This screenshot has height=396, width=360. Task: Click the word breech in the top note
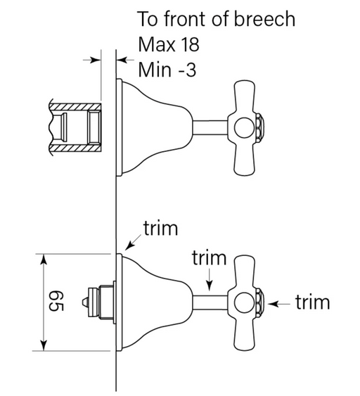pyautogui.click(x=264, y=19)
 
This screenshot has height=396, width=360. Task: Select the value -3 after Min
pyautogui.click(x=187, y=70)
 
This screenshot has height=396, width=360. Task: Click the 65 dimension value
pyautogui.click(x=56, y=301)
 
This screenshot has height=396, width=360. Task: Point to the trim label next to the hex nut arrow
pyautogui.click(x=312, y=302)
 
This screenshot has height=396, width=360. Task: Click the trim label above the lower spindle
pyautogui.click(x=209, y=257)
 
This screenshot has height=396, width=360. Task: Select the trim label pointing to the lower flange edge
pyautogui.click(x=161, y=228)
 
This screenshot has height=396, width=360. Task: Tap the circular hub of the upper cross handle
pyautogui.click(x=245, y=127)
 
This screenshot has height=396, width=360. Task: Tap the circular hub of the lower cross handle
pyautogui.click(x=245, y=303)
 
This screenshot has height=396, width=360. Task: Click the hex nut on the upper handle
pyautogui.click(x=260, y=127)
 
